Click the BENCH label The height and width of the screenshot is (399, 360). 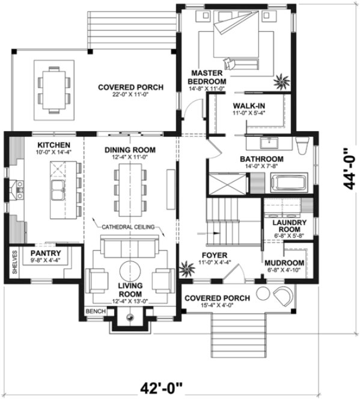[x=96, y=312]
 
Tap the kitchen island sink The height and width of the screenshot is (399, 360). [x=59, y=188]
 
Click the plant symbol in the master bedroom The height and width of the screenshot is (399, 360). [x=280, y=80]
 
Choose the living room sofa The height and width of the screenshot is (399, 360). [x=127, y=248]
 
